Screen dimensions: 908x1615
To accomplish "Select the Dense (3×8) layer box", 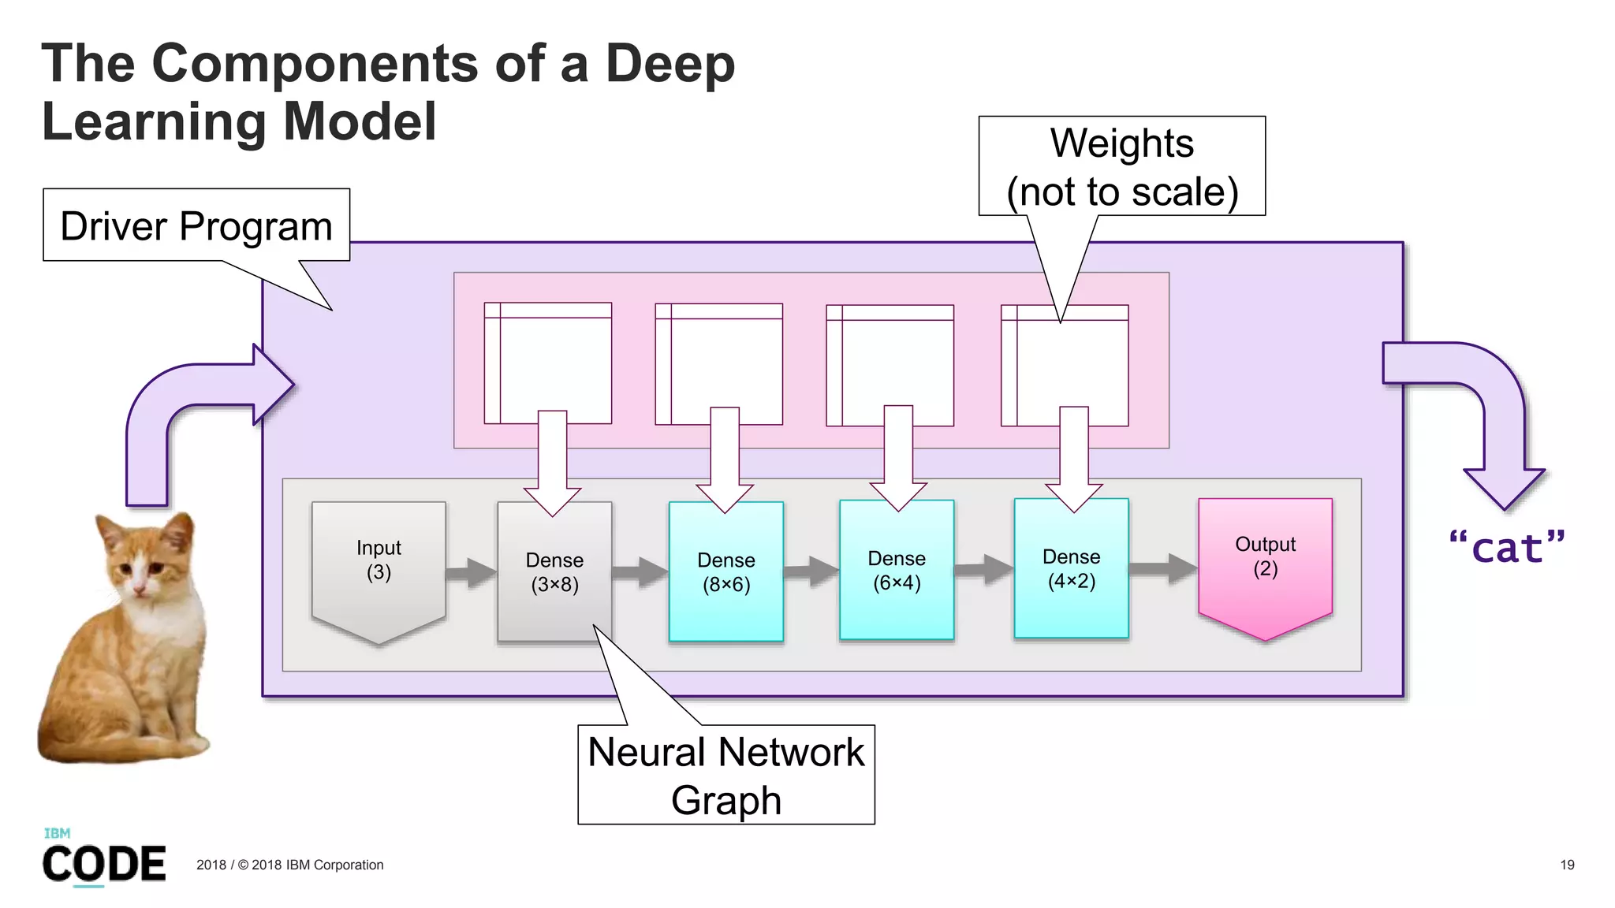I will coord(554,583).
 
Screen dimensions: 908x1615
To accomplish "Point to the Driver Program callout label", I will coord(196,226).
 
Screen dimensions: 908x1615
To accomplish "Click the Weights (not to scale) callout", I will coord(1121,167).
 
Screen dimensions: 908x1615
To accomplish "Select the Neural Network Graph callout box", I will coord(725,775).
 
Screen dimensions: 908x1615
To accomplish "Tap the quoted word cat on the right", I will coord(1506,548).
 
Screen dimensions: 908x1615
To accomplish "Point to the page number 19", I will coord(1566,865).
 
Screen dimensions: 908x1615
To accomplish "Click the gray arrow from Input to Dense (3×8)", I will coord(472,573).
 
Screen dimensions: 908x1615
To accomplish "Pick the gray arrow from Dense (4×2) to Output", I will coord(1163,568).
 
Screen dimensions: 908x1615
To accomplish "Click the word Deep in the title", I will coord(669,63).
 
